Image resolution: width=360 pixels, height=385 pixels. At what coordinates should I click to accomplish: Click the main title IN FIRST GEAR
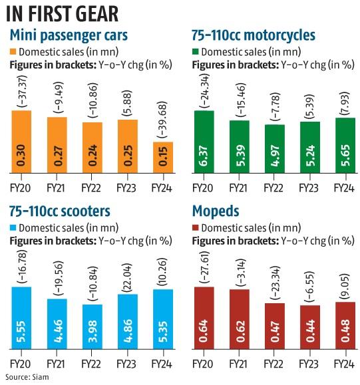(64, 14)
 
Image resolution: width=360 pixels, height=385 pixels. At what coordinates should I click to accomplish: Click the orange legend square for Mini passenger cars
(13, 52)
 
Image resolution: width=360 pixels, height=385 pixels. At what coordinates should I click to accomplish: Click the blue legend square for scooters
(13, 230)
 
